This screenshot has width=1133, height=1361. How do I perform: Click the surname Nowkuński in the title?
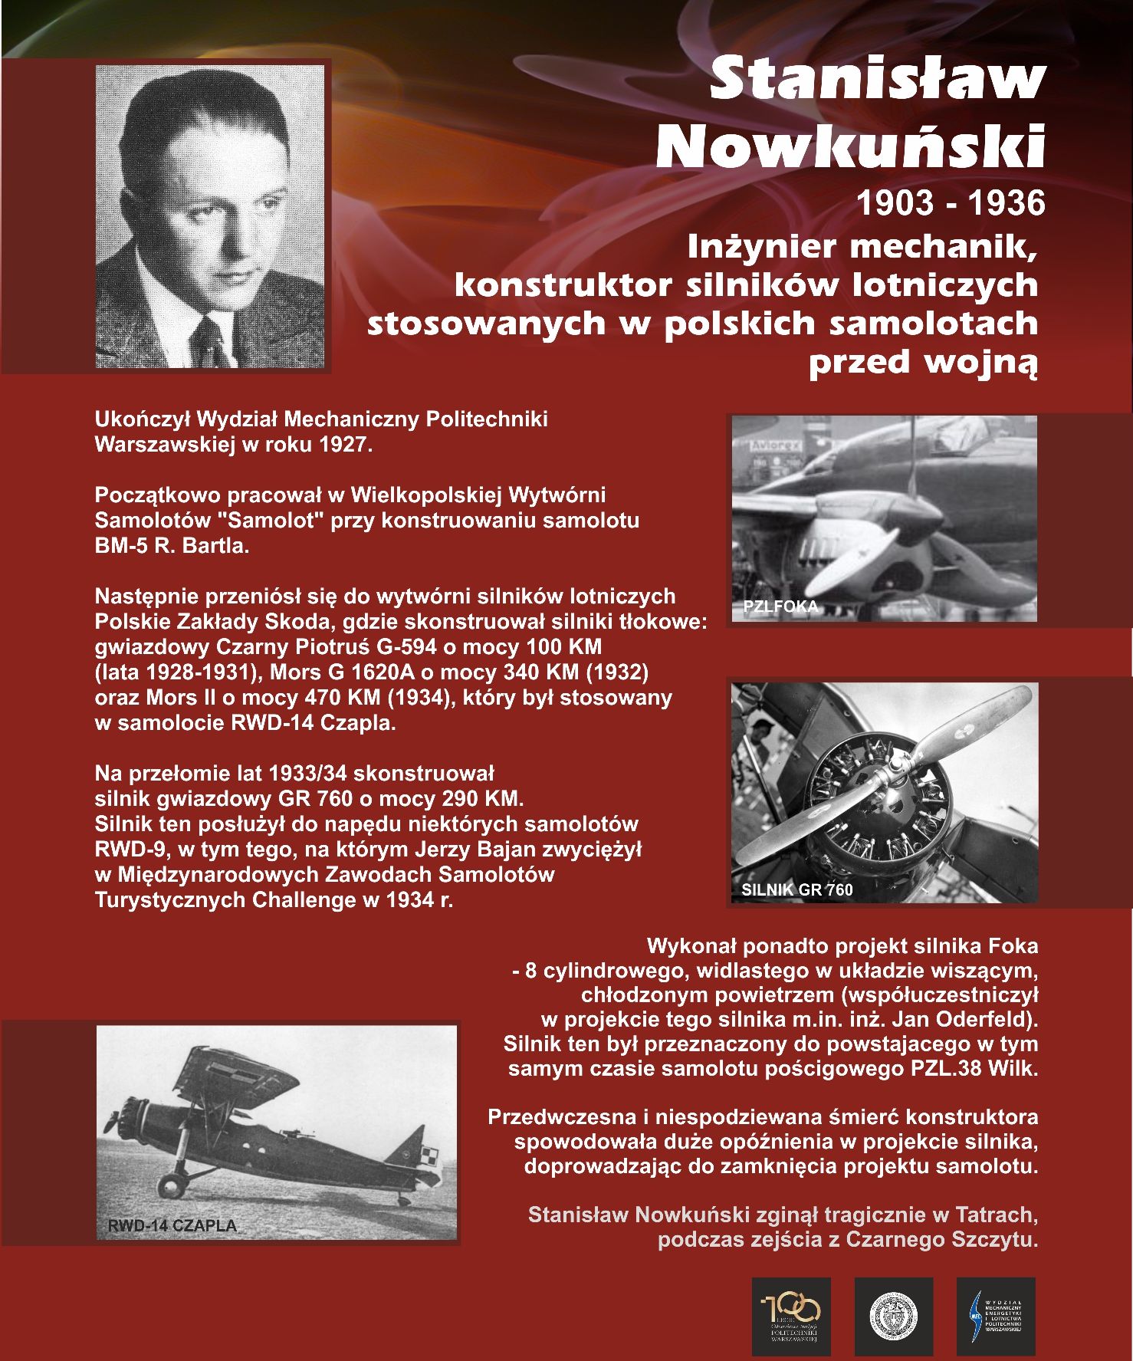851,145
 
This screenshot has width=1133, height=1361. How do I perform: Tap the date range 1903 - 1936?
950,202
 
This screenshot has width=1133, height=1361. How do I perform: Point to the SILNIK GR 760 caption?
796,889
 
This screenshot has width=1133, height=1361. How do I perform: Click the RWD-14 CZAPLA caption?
172,1225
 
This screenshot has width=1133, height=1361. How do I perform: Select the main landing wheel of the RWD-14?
172,1188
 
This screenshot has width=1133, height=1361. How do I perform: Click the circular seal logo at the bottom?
894,1316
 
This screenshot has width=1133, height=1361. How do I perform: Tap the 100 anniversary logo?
790,1316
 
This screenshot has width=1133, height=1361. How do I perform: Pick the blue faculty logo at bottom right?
996,1316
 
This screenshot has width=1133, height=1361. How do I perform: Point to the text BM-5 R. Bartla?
172,546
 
